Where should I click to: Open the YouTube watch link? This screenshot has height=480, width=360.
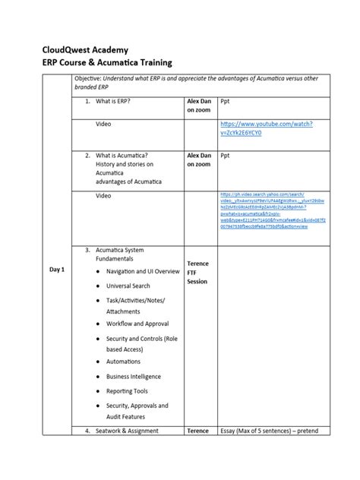tap(266, 128)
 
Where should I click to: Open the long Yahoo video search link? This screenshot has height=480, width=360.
tap(262, 210)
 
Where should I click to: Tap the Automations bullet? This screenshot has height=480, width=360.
tap(123, 362)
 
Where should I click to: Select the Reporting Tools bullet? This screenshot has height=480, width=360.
tap(127, 391)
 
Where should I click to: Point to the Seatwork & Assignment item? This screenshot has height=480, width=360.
tap(127, 431)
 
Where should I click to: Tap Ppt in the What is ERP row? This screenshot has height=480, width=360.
tap(225, 100)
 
